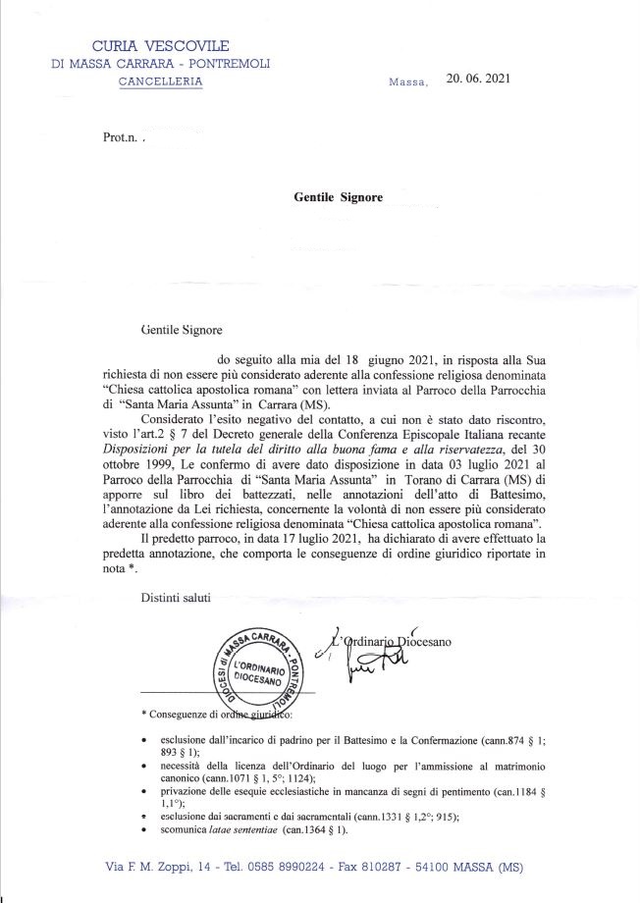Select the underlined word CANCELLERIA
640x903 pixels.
(x=161, y=82)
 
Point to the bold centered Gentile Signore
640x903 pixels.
(x=338, y=196)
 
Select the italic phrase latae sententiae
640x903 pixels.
(x=241, y=830)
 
